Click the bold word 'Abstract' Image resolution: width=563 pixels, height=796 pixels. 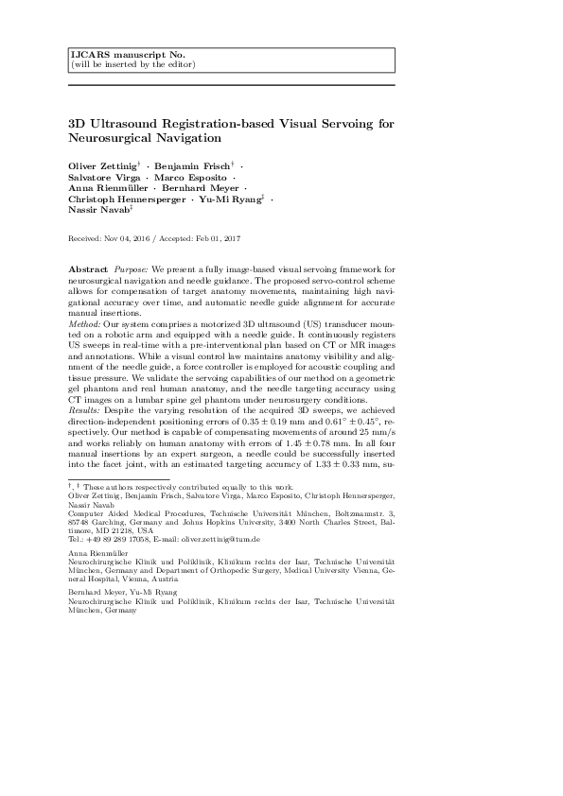[88, 269]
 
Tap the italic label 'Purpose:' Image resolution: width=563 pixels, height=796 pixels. [133, 269]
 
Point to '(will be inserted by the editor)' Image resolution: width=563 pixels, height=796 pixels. [133, 64]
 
